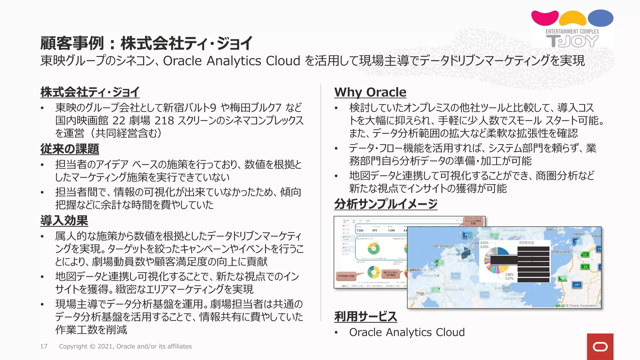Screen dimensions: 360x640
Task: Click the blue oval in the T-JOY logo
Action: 600,18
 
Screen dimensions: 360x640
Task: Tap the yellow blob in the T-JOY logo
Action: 572,19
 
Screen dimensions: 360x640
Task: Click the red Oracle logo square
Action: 600,347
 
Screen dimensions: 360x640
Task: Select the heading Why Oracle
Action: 370,92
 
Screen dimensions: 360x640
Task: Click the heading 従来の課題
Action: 70,149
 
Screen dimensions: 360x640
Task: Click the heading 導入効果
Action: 64,221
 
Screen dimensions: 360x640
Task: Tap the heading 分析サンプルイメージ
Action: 386,204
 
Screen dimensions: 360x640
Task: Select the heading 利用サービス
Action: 366,316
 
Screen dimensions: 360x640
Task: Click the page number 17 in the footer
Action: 44,346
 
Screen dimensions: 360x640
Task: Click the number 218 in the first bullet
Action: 164,121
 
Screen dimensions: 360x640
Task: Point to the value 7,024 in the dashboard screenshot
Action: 360,230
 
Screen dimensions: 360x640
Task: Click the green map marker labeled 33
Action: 585,267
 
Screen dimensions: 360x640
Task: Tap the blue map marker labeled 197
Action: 577,285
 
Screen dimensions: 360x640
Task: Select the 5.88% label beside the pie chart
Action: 509,274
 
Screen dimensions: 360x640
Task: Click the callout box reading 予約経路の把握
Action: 346,276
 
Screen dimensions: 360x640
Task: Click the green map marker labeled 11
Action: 585,254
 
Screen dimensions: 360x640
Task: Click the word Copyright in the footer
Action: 73,346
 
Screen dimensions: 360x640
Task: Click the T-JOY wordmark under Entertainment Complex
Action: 572,41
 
